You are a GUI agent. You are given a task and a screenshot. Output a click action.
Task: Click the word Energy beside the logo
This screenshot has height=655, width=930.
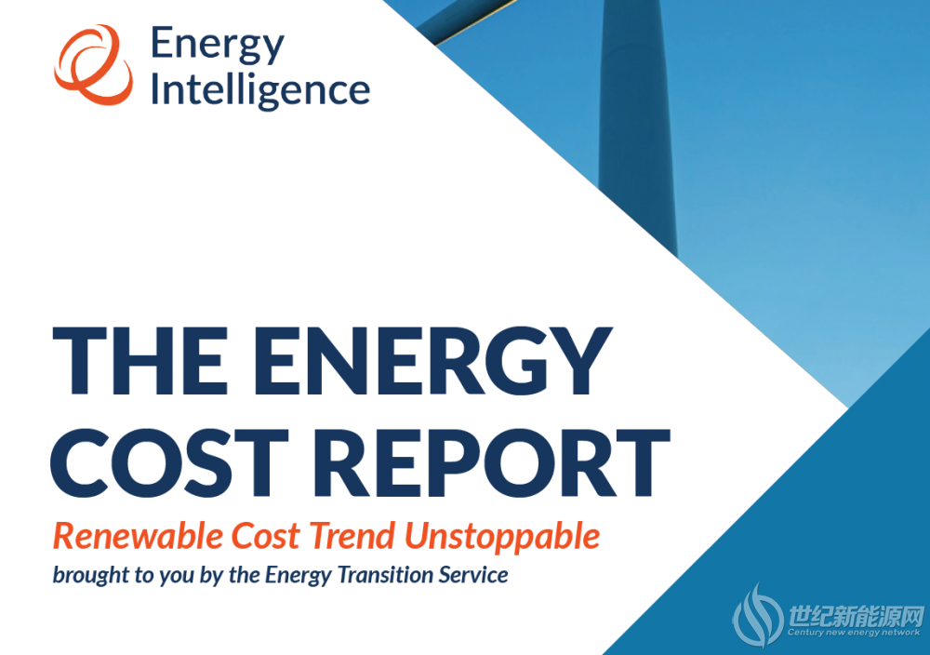217,45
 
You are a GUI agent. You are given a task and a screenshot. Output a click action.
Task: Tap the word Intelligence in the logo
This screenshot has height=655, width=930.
260,90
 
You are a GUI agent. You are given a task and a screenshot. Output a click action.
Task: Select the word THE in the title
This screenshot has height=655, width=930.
140,361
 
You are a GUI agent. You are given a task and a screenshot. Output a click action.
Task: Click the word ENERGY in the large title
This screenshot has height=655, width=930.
433,361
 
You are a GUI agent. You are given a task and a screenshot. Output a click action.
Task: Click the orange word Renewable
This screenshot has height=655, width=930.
138,535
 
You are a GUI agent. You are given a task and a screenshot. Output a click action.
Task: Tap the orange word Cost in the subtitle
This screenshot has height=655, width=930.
265,535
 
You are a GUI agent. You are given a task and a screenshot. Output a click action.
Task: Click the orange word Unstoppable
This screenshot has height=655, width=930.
502,536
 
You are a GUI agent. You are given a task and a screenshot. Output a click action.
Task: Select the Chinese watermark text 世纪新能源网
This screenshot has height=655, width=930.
856,617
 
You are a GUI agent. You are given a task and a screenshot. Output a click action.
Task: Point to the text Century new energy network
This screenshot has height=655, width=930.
854,633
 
